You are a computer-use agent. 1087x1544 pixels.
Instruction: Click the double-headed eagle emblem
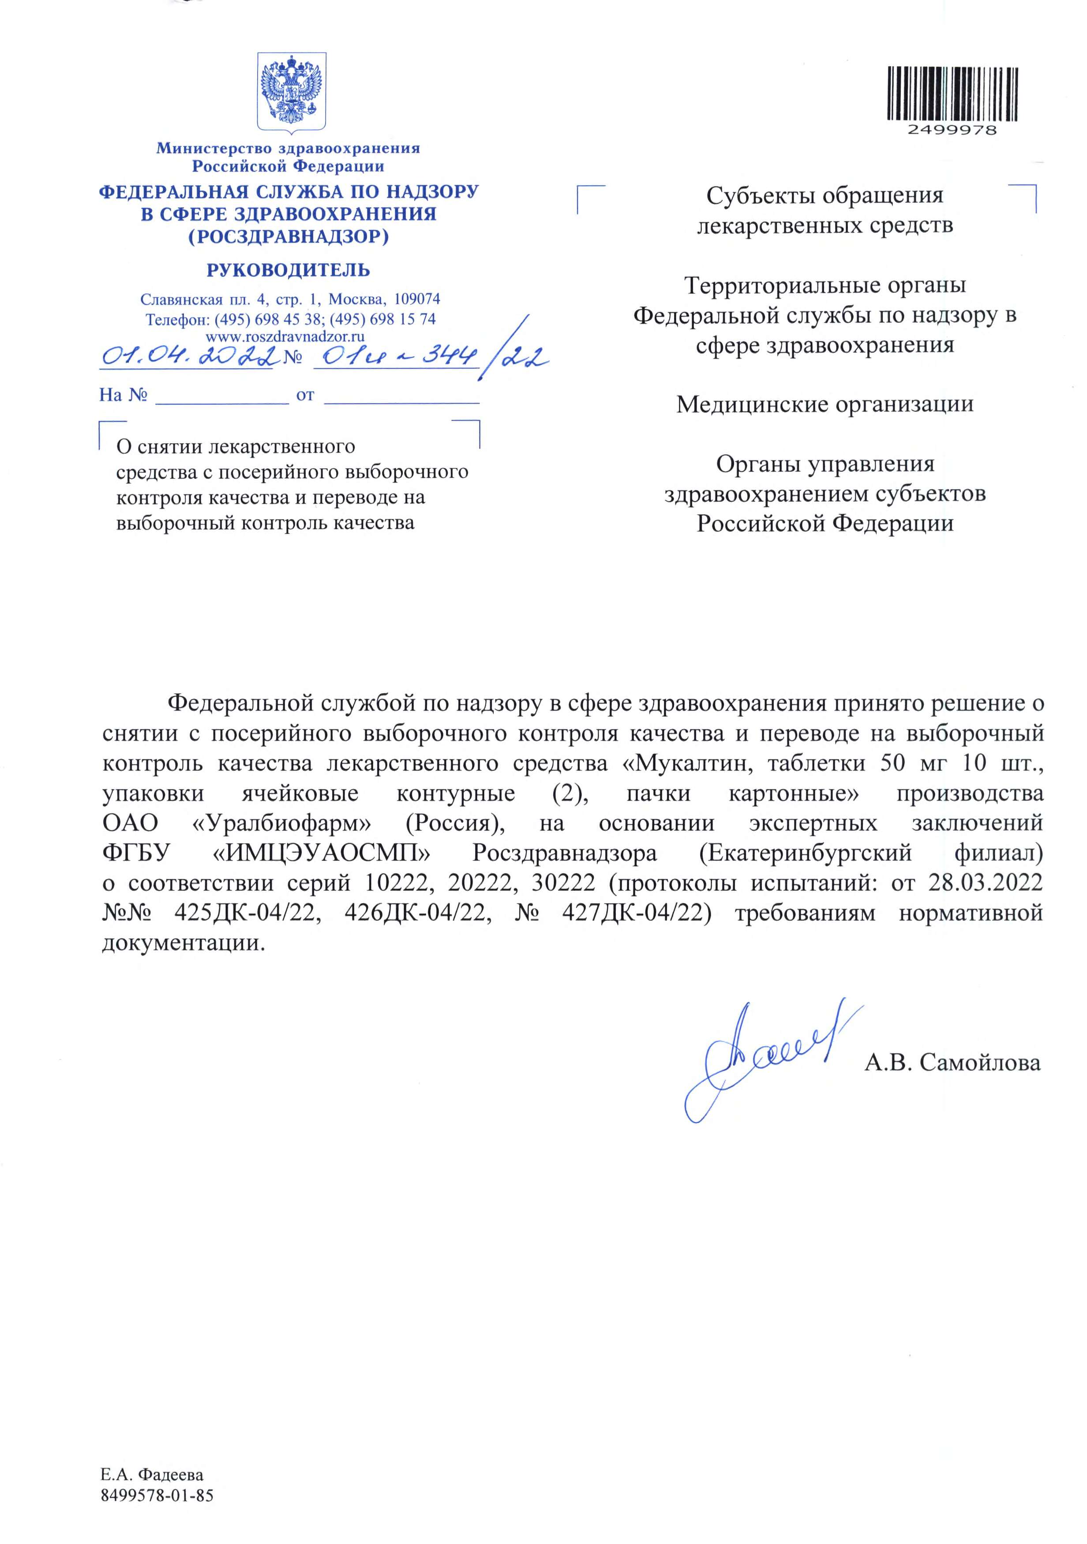tap(292, 93)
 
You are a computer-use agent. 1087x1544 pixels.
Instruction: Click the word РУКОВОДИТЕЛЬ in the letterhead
tap(288, 270)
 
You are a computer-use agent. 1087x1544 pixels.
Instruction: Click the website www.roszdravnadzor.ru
tap(285, 336)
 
